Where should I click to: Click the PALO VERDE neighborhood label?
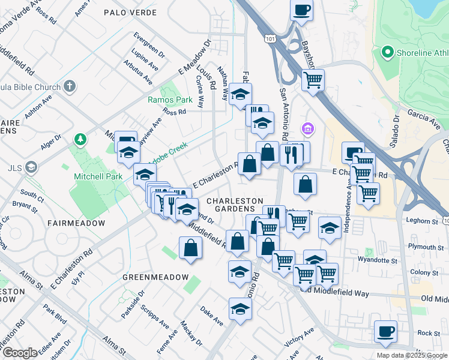(130, 12)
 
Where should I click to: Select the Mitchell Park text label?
(98, 176)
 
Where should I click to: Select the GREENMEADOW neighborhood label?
(148, 278)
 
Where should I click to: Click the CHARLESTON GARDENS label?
(235, 205)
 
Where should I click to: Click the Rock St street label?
(429, 333)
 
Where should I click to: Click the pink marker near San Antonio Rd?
(308, 128)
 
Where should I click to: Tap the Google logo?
(20, 353)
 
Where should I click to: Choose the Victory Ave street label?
(300, 339)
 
